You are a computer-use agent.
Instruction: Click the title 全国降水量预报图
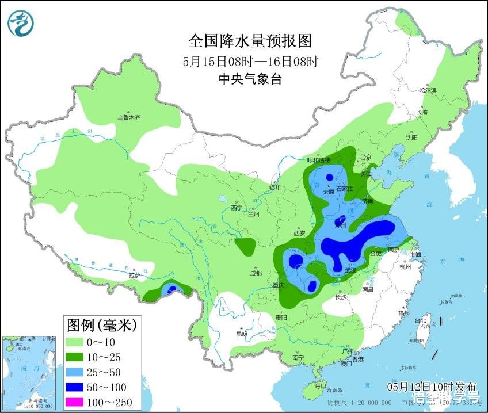(250, 41)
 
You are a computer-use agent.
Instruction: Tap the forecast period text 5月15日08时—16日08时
(250, 61)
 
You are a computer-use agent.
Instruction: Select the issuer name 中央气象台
(250, 80)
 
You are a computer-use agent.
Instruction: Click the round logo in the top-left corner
(21, 23)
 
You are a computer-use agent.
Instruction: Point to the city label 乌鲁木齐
(129, 117)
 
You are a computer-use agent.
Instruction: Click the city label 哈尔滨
(428, 90)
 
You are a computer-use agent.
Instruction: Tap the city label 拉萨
(135, 275)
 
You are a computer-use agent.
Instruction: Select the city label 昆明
(241, 334)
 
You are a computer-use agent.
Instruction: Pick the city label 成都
(256, 273)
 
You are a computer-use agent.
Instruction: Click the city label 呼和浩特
(320, 160)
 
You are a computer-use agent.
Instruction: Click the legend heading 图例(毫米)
(101, 326)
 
